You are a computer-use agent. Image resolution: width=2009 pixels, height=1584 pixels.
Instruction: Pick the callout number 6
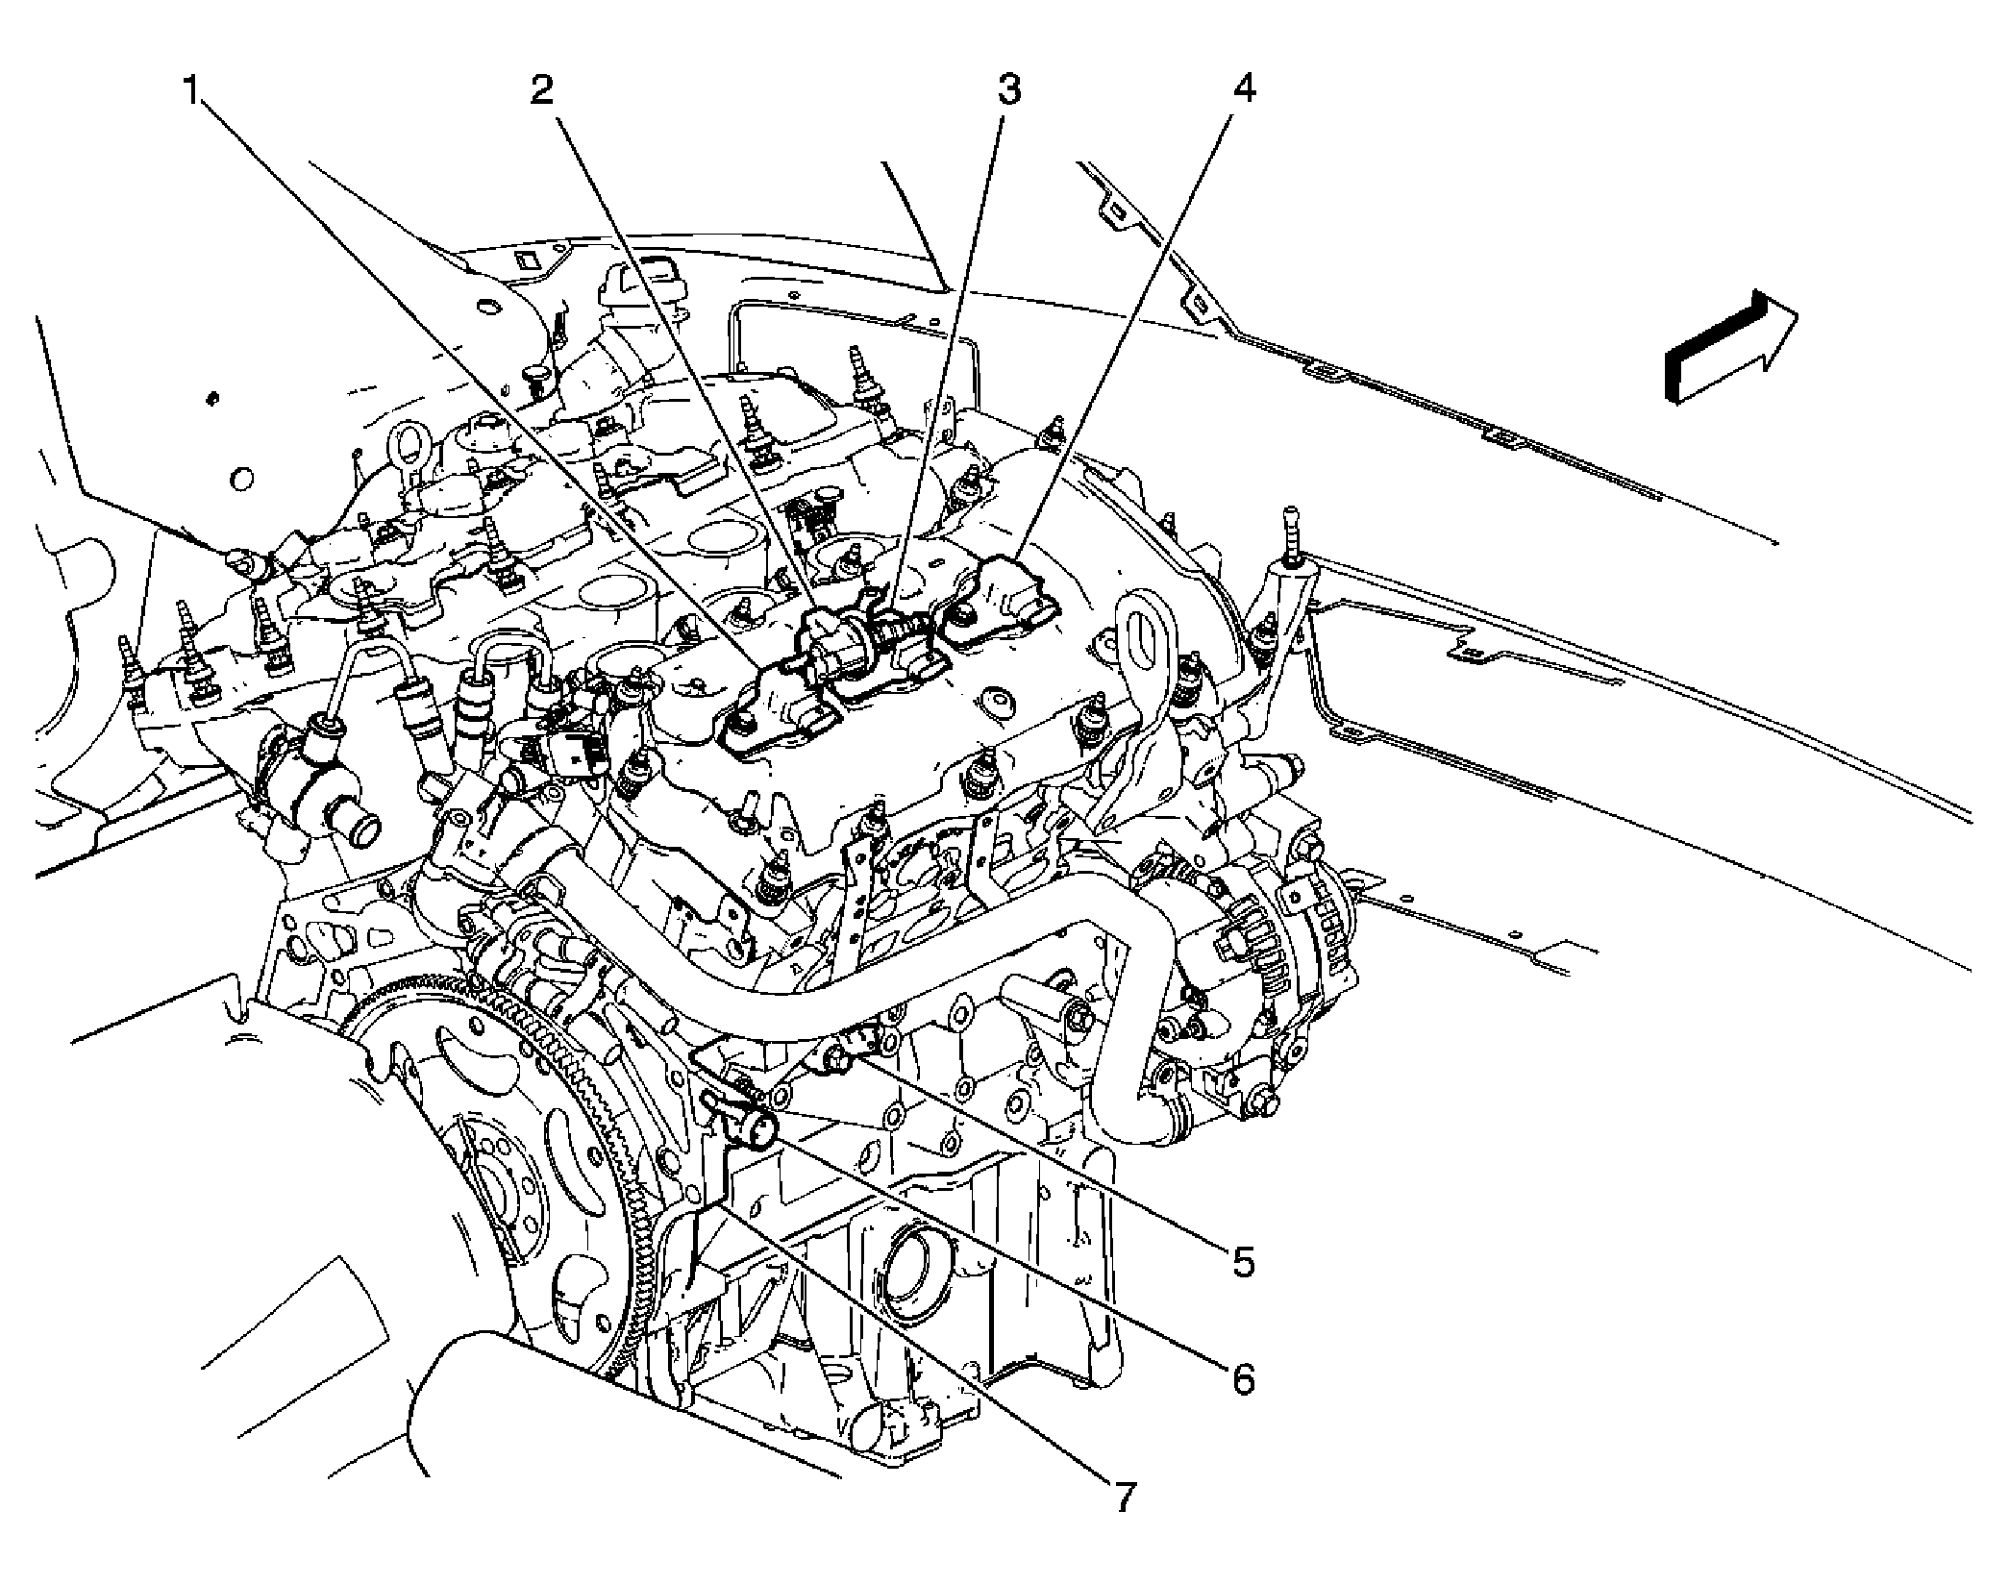(x=1244, y=1379)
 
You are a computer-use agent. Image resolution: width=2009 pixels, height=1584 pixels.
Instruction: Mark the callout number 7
(x=1124, y=1523)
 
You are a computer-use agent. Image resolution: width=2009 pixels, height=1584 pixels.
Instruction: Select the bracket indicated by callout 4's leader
(x=1000, y=596)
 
